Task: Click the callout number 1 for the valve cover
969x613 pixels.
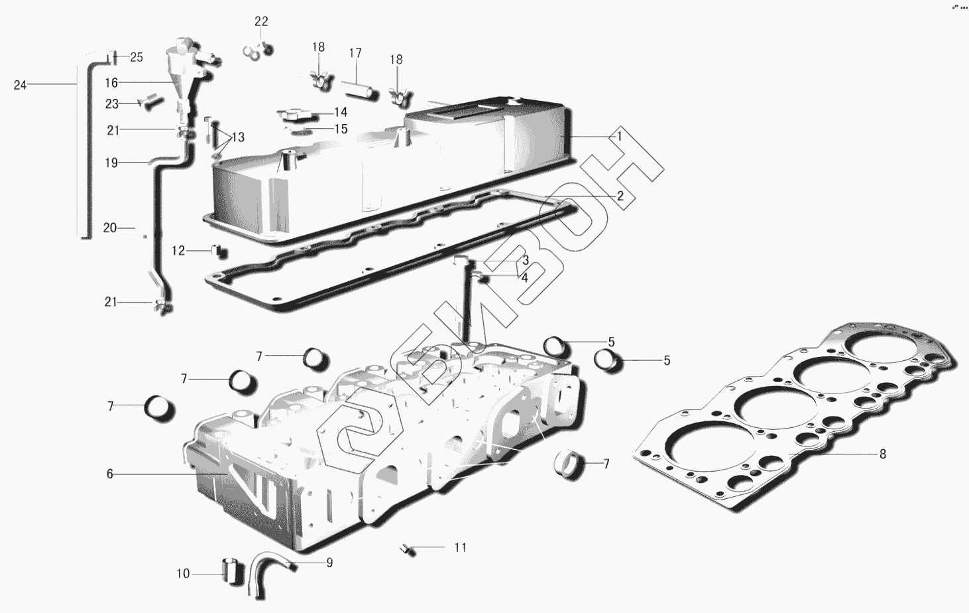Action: [x=619, y=136]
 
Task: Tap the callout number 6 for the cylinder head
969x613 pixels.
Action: [x=110, y=474]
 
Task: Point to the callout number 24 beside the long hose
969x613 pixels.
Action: [x=21, y=85]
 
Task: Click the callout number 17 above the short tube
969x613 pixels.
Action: [x=355, y=53]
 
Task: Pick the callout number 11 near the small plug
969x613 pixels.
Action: [x=461, y=547]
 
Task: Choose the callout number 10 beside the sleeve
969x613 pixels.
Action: [x=183, y=574]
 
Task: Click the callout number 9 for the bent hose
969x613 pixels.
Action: [x=329, y=563]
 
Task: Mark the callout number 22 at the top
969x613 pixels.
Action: [x=261, y=21]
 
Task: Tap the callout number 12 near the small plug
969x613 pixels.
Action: [x=178, y=251]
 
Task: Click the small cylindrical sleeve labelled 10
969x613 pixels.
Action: [x=231, y=571]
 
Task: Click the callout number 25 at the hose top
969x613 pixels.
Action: [x=136, y=57]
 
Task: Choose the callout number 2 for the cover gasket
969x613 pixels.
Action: [x=620, y=196]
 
